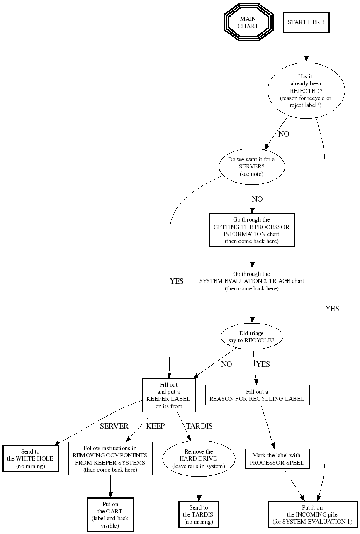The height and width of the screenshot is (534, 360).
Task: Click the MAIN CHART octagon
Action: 248,22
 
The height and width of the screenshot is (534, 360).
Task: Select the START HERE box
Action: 306,22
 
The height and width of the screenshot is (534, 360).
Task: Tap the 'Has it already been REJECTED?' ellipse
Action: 306,91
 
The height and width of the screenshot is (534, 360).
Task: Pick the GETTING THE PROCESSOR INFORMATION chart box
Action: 251,230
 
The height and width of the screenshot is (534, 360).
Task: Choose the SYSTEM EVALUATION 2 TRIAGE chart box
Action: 252,281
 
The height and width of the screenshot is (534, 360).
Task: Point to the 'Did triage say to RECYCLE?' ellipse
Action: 251,336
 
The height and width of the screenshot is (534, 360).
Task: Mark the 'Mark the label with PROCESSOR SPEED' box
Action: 277,459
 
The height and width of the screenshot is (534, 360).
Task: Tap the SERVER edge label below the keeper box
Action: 114,426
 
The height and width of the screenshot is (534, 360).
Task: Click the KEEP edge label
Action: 155,426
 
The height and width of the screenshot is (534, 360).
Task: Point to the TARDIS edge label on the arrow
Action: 199,426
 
